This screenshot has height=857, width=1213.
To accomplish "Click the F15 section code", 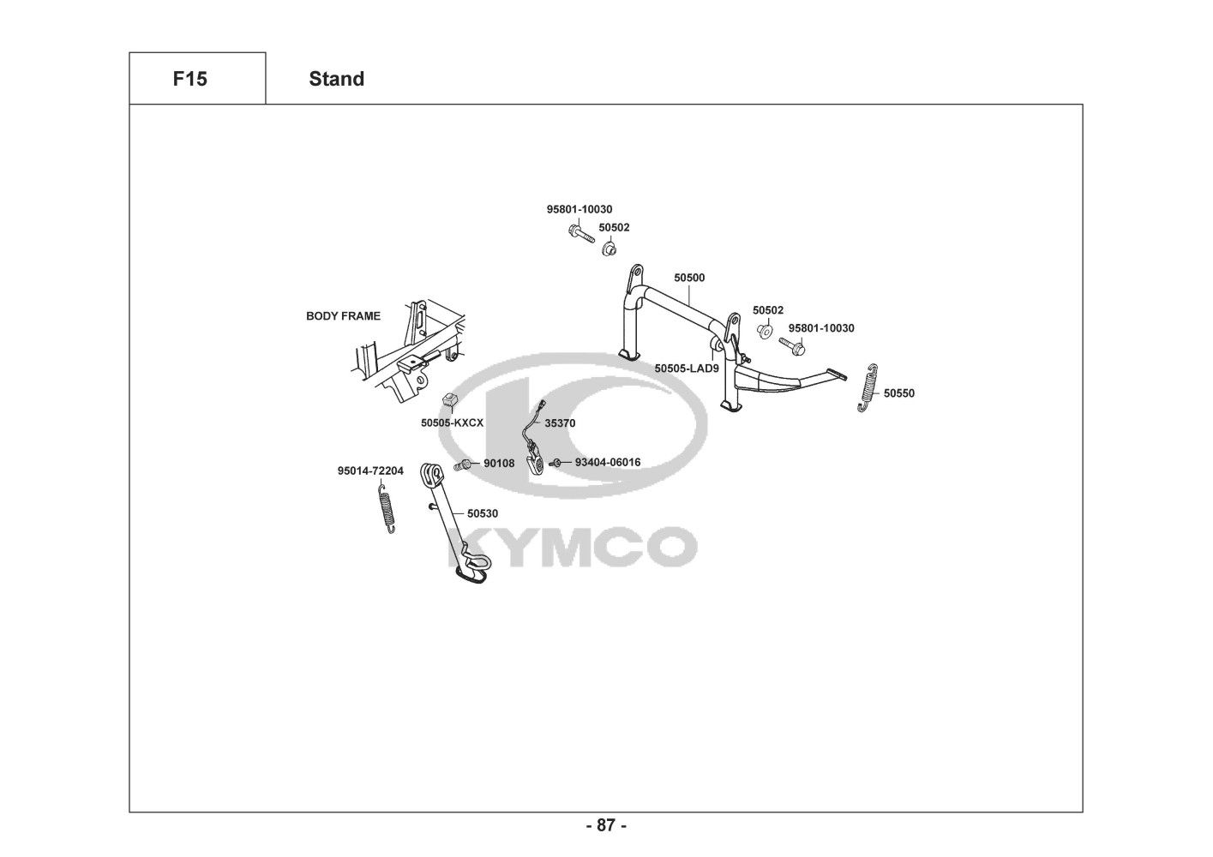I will click(x=189, y=79).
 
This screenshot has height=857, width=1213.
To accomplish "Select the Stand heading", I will click(x=336, y=79).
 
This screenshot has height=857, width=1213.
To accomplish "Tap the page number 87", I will click(x=606, y=826).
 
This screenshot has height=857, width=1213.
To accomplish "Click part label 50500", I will click(x=689, y=278).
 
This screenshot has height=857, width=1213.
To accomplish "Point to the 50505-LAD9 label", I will click(x=686, y=368).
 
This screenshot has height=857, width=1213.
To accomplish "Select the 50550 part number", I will click(x=899, y=393).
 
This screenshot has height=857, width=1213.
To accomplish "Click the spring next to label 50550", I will click(x=868, y=387).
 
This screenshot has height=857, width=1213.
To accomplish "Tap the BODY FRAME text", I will click(x=343, y=316).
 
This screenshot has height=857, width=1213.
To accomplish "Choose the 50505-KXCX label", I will click(x=452, y=423).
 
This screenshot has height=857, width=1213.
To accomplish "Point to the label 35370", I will click(x=560, y=423).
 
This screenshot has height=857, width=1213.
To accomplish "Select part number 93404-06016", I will click(x=607, y=463).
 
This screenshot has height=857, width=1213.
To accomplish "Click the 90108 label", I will click(x=499, y=464).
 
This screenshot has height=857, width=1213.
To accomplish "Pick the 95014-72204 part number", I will click(x=370, y=471).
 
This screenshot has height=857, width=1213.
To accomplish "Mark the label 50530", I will click(x=483, y=514).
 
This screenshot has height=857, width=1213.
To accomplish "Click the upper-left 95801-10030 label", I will click(x=579, y=209).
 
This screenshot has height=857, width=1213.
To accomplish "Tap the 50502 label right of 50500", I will click(x=768, y=310).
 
